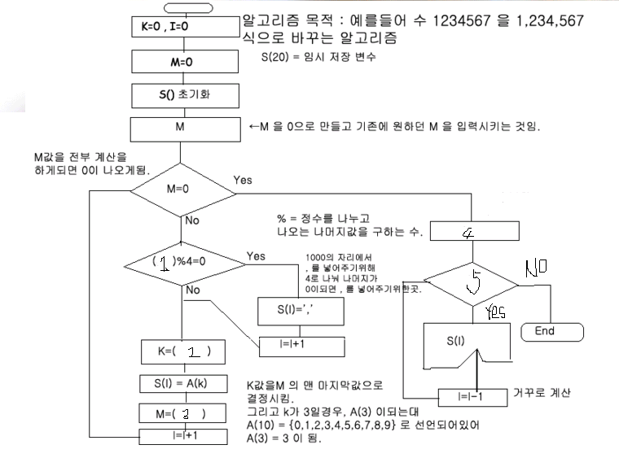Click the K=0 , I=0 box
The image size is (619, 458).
182,28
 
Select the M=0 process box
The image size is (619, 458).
182,62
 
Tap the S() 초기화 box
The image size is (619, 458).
182,95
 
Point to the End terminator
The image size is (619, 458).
544,332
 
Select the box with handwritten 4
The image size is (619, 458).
472,232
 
